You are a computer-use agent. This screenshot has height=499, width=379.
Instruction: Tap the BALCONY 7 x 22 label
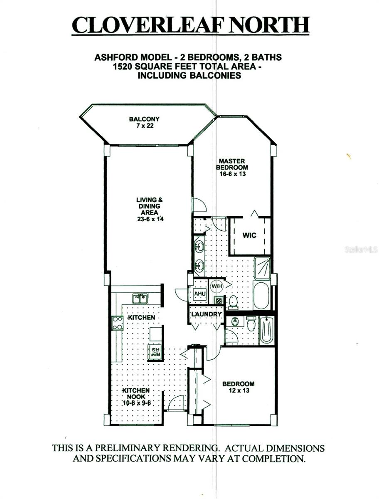pos(144,123)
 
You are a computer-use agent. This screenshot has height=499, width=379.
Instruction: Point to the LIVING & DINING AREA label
pos(148,209)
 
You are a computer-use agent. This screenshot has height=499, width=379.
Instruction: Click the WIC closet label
pos(249,235)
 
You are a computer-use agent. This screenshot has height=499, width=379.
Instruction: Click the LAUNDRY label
pos(206,314)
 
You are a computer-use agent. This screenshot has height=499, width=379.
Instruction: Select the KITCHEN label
pos(141,317)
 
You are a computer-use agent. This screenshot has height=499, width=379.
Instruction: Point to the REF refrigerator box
pos(155,352)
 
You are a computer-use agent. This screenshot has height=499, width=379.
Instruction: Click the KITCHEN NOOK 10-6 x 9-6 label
pos(136,397)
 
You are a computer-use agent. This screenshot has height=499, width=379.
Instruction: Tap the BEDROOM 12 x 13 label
pos(238,387)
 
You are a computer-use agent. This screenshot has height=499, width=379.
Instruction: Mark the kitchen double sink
pos(140,298)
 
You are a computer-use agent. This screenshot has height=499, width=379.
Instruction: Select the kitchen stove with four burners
pos(117,323)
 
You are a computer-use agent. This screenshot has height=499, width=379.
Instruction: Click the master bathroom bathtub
pos(262,295)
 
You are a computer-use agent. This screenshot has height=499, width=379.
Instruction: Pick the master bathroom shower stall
pos(262,268)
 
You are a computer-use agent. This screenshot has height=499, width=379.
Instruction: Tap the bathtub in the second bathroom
pos(266,330)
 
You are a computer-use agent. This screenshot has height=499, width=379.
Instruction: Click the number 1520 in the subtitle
pos(108,67)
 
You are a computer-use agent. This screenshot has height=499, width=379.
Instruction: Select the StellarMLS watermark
pos(360,250)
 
